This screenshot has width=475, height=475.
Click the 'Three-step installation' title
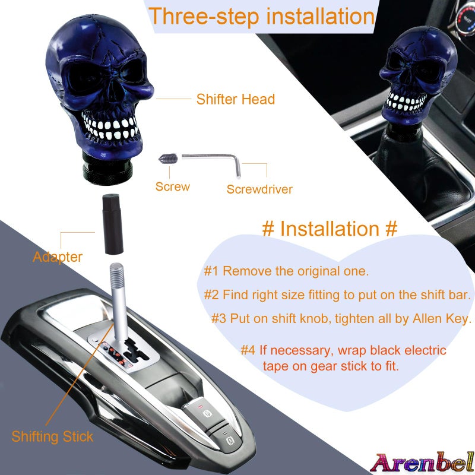pos(262,16)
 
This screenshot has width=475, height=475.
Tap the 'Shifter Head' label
pos(236,99)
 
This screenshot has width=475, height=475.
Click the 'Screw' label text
pos(173,186)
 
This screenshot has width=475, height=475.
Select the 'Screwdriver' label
pos(259,189)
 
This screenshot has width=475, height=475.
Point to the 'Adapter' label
pos(58,257)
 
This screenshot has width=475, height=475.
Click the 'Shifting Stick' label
pos(52,437)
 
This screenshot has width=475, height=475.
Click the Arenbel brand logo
pos(422,461)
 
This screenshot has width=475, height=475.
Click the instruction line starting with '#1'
pos(287,272)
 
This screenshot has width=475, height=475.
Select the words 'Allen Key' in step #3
pos(441,319)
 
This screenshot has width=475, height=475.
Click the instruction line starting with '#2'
pos(337,294)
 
